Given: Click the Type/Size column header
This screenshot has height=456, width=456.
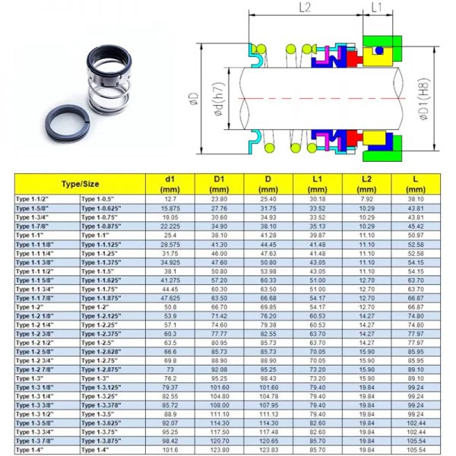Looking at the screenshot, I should click(80, 183).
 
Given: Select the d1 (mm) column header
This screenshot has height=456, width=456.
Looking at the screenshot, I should click(169, 183).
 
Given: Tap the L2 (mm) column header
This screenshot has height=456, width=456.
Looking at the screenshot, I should click(366, 183).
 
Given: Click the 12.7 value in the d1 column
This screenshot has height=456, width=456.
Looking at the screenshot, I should click(169, 199).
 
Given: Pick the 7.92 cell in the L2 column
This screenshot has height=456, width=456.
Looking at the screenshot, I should click(366, 199).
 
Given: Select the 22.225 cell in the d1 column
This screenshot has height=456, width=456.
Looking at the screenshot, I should click(169, 226).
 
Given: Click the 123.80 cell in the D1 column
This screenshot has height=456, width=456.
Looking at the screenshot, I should click(219, 451).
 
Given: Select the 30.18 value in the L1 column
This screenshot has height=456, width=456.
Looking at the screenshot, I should click(317, 199).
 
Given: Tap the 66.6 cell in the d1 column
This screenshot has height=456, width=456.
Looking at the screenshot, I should click(169, 352).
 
